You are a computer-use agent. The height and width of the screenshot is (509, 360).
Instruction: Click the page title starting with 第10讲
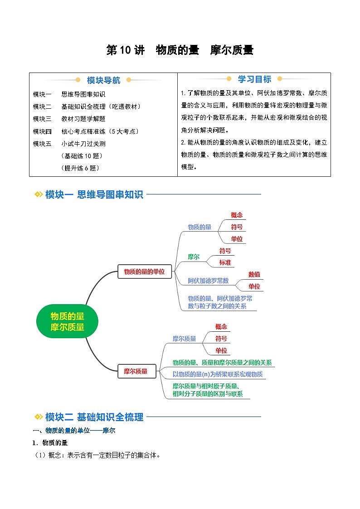coord(180,50)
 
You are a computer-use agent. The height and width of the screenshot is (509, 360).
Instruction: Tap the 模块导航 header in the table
coord(103,80)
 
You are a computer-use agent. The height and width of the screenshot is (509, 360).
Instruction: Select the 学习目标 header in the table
coord(254,79)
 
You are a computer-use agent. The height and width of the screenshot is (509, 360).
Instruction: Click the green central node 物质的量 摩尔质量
coord(67,321)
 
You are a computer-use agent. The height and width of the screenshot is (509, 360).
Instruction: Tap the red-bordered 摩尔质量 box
coord(136,371)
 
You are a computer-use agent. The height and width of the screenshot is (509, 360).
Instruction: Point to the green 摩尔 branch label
coord(194,257)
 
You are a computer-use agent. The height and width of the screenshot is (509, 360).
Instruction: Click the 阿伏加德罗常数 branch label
coord(208,281)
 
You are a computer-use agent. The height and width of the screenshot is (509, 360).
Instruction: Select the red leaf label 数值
coord(254,274)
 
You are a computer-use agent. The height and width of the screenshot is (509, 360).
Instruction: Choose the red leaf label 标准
coord(225,262)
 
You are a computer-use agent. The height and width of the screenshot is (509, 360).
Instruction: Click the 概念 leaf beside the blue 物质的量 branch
coord(237,215)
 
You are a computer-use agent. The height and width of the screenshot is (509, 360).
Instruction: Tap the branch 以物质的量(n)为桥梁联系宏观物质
coord(217,374)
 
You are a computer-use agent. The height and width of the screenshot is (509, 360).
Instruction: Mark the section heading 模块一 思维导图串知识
coord(94,194)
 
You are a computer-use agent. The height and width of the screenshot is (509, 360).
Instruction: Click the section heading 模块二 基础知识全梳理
coord(94,417)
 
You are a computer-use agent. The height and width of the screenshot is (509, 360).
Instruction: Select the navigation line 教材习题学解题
coord(83,119)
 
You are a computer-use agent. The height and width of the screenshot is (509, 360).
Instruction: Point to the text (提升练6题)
coord(80,168)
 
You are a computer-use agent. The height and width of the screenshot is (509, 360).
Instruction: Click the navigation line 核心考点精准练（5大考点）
coord(100,131)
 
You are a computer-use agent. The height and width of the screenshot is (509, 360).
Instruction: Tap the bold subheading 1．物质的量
coord(50,442)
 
